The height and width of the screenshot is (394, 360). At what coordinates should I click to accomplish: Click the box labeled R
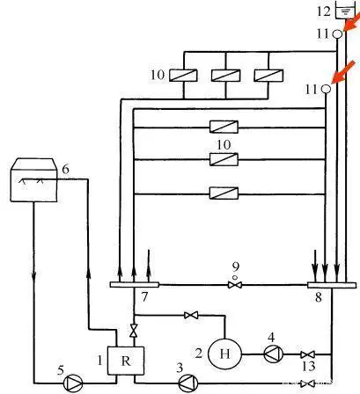coord(126,361)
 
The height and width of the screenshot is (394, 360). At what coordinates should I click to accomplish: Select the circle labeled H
coord(224,354)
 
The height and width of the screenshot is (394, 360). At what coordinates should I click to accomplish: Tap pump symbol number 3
coord(188,383)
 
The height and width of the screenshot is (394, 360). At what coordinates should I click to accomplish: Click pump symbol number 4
coord(274,354)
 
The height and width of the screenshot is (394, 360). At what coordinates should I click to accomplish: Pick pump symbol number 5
coord(73,383)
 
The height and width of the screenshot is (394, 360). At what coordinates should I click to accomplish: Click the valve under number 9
coord(235,285)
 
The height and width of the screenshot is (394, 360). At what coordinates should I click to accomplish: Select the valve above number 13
coord(308,354)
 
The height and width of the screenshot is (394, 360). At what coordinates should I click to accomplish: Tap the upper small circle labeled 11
coord(337,34)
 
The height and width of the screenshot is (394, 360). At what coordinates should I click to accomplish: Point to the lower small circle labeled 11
coord(326,88)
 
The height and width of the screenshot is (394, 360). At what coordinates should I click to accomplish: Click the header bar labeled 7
coord(135,285)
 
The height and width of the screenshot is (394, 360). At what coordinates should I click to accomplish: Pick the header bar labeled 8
coord(332,285)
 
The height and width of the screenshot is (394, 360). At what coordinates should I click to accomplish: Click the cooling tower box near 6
coord(33,179)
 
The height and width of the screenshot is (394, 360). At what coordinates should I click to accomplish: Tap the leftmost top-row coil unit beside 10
coord(183,76)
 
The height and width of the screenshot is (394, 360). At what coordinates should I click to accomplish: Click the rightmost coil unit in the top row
coord(268,76)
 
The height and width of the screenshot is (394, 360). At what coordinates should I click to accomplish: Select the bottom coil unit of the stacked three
coord(224,193)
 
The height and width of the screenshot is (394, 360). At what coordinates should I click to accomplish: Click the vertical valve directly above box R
coord(134,331)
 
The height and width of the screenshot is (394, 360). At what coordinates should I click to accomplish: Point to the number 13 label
coord(308,367)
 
